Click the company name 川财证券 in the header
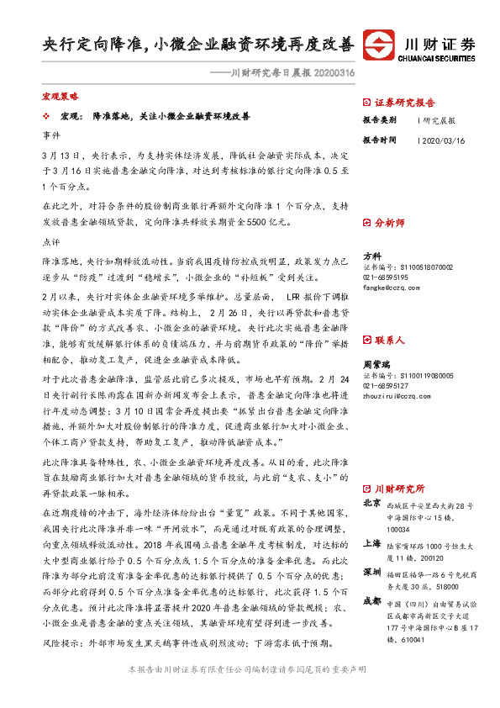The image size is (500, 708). pos(440,44)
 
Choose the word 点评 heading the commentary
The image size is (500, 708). pos(51,240)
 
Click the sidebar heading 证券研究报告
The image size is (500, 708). pos(405,102)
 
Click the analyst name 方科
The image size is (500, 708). pos(371,256)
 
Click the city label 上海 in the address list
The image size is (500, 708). pos(371,543)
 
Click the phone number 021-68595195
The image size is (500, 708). pos(386,277)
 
